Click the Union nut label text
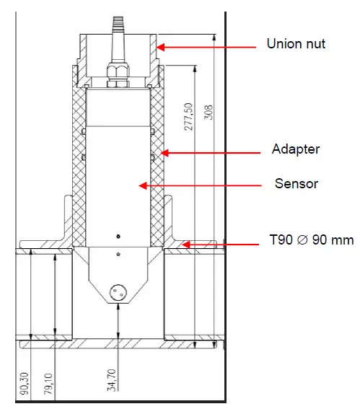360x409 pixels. (296, 44)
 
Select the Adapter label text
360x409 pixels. (295, 149)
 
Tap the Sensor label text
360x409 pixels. (296, 183)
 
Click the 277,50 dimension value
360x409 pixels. (189, 115)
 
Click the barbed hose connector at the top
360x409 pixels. (116, 29)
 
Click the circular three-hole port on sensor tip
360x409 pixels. (117, 291)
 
